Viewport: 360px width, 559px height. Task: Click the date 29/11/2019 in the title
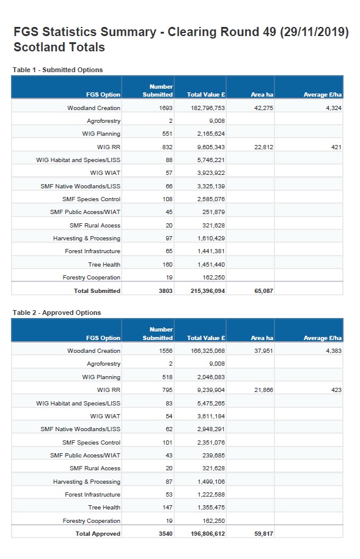click(314, 32)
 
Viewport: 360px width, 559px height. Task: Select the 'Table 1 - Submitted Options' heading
click(57, 70)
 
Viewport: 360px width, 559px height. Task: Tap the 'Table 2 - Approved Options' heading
click(57, 313)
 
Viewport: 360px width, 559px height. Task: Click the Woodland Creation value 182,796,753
click(208, 108)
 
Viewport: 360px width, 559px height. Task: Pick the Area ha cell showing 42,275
click(263, 108)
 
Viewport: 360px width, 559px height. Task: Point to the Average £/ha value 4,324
click(334, 108)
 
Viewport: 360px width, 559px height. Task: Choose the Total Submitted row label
click(97, 291)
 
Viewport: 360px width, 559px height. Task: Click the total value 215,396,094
click(208, 291)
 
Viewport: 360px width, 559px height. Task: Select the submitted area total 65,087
click(264, 291)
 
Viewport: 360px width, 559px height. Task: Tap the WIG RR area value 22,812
click(263, 147)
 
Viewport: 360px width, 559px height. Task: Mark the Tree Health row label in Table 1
click(104, 265)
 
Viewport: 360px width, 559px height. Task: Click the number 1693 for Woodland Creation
click(166, 108)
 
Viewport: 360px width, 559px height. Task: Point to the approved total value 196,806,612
click(208, 534)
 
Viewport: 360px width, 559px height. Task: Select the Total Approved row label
click(98, 534)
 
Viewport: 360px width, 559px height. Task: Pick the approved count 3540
click(166, 534)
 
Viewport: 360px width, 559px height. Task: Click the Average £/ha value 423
click(336, 390)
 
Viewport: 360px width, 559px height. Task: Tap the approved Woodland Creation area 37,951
click(263, 351)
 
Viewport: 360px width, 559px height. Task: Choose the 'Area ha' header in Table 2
click(262, 338)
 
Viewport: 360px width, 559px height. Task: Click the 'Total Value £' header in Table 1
click(206, 95)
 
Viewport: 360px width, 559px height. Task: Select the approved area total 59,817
click(264, 534)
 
